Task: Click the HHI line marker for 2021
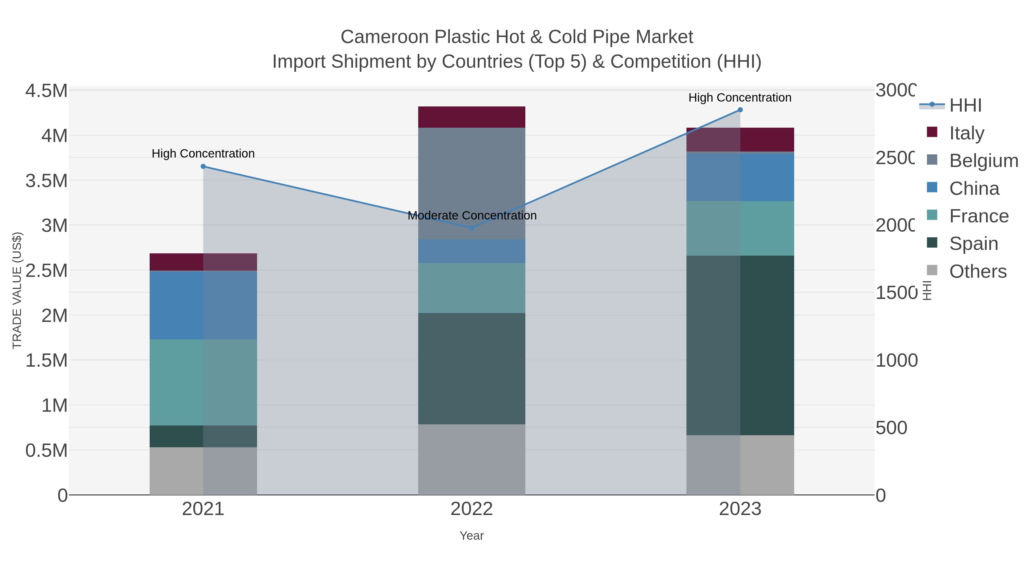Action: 203,166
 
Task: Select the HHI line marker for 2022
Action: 472,228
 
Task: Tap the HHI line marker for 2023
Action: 740,110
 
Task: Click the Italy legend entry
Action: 967,133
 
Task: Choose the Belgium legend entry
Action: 983,161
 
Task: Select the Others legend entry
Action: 977,271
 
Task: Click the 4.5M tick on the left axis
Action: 47,91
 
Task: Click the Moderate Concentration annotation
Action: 472,216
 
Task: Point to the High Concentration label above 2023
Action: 740,98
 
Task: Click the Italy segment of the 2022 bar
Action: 472,117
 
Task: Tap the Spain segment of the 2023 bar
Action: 740,345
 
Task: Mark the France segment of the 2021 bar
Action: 203,382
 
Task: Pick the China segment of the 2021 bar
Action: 203,305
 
